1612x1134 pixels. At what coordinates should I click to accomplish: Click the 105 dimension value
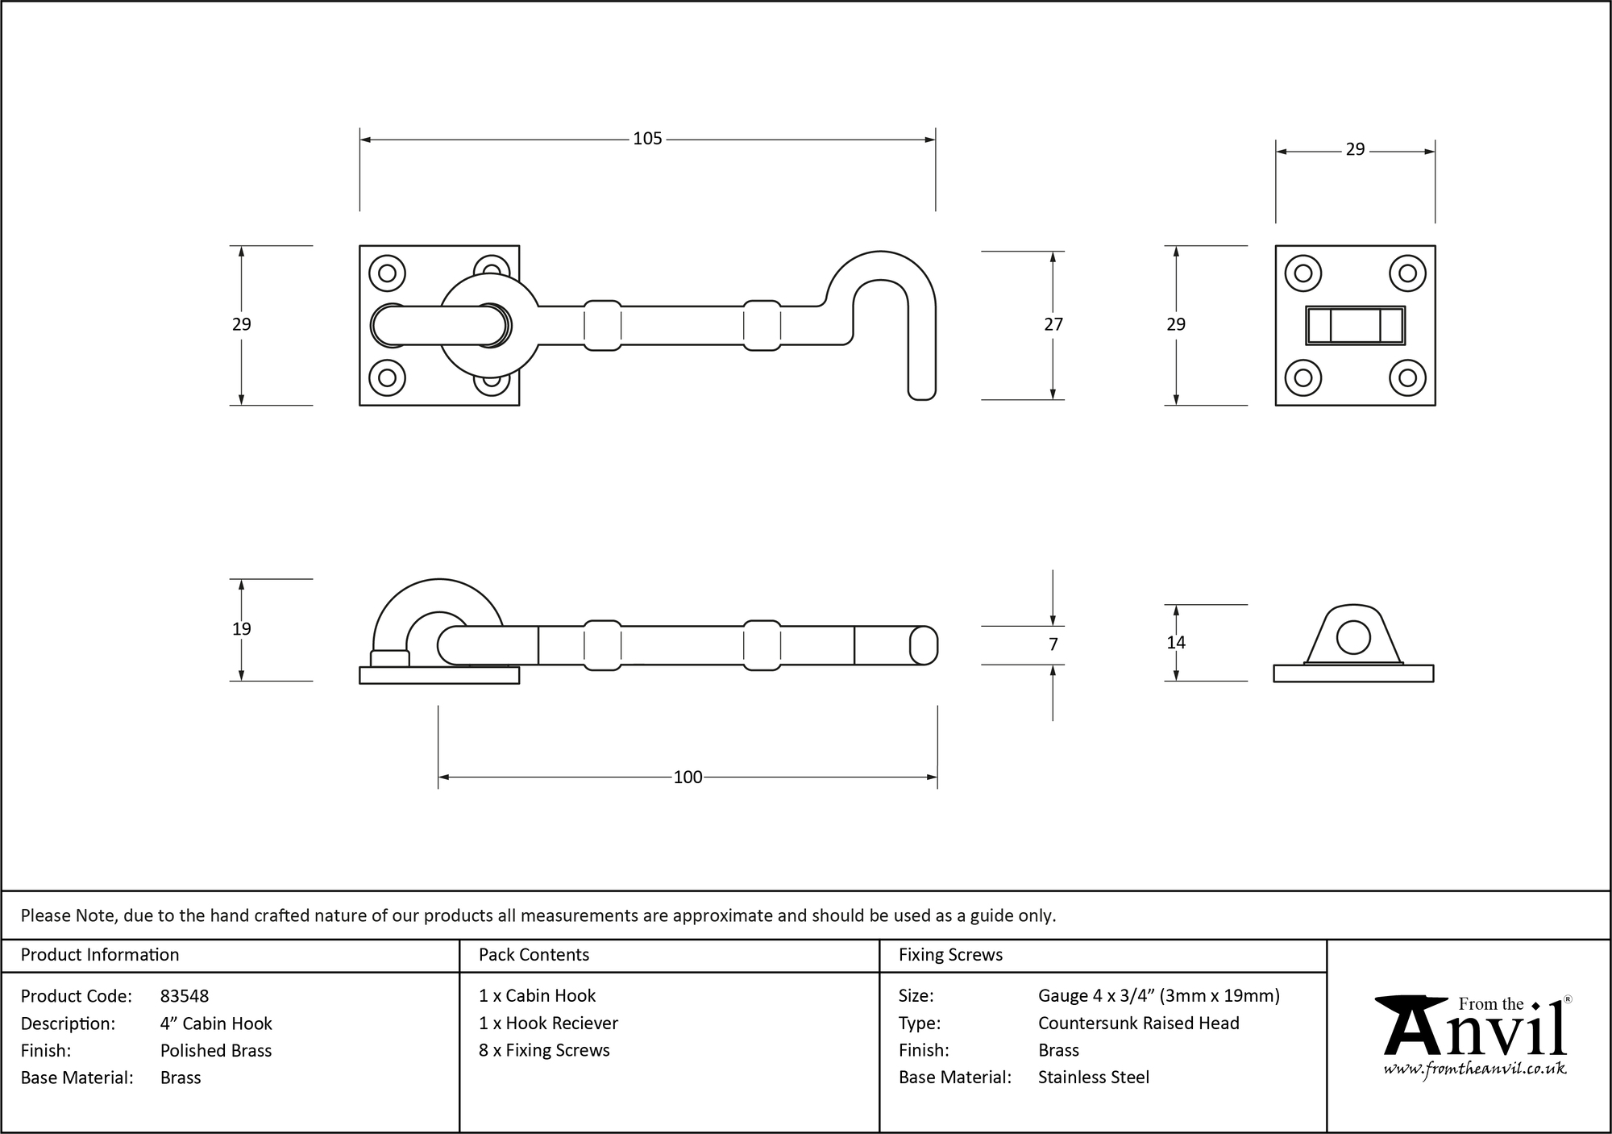(647, 139)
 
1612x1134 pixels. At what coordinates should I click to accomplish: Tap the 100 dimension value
(688, 777)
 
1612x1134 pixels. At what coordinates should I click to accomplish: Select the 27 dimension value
(1053, 324)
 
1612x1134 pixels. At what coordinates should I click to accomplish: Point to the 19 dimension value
(241, 629)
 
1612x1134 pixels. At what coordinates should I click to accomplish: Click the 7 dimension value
(1053, 644)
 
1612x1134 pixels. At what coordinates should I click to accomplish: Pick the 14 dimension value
(1175, 643)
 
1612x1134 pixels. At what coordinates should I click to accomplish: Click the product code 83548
(185, 996)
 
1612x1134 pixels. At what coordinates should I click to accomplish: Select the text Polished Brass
(216, 1050)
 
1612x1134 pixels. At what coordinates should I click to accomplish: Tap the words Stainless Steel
(1093, 1077)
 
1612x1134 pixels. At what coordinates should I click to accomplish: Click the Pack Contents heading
(534, 955)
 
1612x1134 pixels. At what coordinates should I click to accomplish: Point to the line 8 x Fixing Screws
(544, 1050)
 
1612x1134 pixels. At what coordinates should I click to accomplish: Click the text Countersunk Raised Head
(1138, 1023)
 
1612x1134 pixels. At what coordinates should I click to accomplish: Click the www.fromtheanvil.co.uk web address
(1475, 1069)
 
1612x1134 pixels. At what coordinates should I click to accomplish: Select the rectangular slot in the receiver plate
(1355, 326)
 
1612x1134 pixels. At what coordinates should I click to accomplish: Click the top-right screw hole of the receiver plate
(1407, 273)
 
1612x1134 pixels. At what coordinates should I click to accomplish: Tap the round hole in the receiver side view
(1353, 637)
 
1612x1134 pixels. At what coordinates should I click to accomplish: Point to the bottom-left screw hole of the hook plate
(387, 377)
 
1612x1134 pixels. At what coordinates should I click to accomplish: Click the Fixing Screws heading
(950, 955)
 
